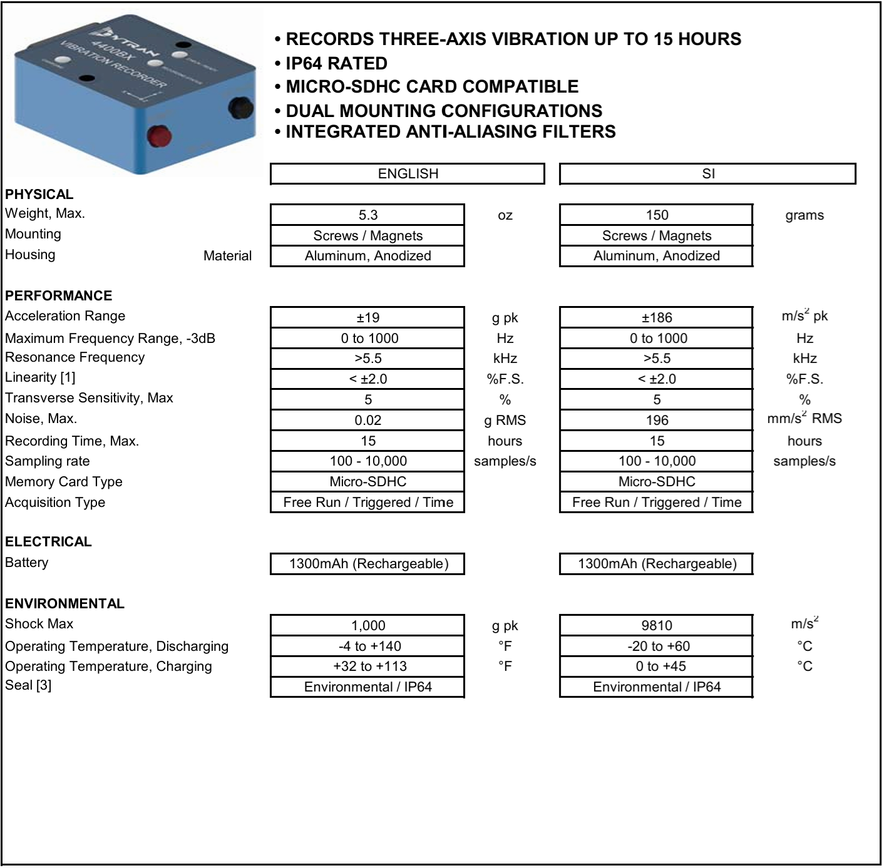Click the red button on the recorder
[159, 135]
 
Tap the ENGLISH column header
[408, 174]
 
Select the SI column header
[707, 174]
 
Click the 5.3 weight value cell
[367, 215]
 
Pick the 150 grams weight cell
[656, 215]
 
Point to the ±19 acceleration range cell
[367, 318]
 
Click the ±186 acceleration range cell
[656, 318]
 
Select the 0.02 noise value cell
[367, 421]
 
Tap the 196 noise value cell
[656, 421]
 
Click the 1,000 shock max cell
[367, 626]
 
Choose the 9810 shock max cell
[656, 626]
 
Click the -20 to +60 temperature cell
[656, 646]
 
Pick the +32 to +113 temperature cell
[367, 666]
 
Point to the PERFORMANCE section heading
[59, 296]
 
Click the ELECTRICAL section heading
[48, 542]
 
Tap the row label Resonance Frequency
[74, 357]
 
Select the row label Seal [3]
[28, 685]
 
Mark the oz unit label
[505, 215]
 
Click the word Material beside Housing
[227, 256]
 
